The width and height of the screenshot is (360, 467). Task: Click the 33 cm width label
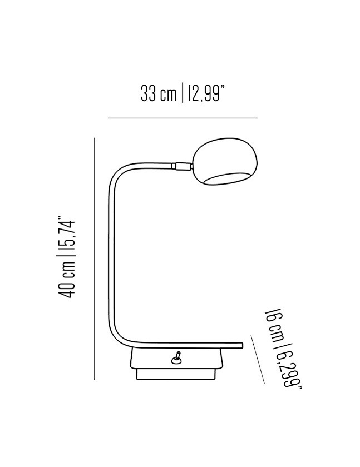click(159, 93)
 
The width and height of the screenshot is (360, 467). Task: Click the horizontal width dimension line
click(183, 118)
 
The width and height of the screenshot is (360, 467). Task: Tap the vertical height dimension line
click(95, 259)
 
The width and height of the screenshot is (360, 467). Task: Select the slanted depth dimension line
click(258, 359)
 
